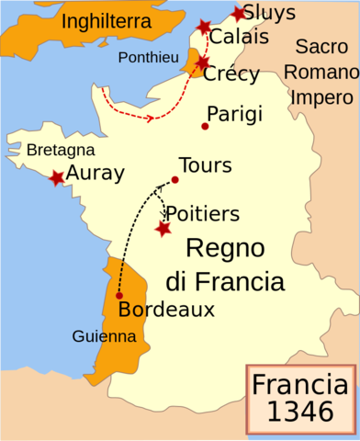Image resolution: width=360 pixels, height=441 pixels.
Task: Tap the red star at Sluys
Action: tap(240, 14)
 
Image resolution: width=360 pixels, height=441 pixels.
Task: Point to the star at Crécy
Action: tap(203, 62)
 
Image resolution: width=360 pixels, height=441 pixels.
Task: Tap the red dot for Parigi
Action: tap(205, 126)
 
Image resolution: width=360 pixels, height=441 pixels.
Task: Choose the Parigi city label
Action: tap(235, 114)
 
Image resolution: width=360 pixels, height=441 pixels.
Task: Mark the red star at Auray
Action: tap(57, 177)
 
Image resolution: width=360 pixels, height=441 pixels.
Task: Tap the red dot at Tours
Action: tap(174, 179)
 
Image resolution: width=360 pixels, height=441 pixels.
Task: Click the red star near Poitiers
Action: tap(163, 229)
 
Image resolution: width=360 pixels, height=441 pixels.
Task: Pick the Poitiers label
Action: tap(203, 213)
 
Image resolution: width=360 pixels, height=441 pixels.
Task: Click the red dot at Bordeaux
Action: tap(119, 296)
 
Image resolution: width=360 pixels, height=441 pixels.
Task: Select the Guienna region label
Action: tap(104, 337)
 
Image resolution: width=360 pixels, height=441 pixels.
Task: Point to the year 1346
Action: tap(301, 413)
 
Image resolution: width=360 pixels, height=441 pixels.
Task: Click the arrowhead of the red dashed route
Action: tap(149, 118)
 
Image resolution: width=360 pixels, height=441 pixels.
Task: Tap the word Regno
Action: tap(225, 247)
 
